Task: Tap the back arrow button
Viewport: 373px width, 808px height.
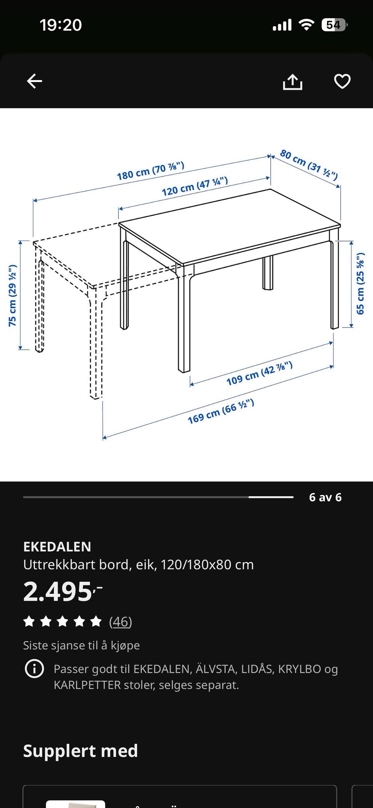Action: [x=34, y=81]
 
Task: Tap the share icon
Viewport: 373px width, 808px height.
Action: [x=292, y=82]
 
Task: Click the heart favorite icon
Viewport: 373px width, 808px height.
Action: [x=342, y=81]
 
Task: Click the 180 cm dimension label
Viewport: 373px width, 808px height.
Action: [x=150, y=171]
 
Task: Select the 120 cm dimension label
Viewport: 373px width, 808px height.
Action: [x=194, y=187]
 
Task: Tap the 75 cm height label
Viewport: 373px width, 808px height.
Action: [x=13, y=295]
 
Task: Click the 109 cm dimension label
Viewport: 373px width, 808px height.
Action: [x=260, y=373]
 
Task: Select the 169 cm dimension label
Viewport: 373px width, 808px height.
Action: [x=221, y=411]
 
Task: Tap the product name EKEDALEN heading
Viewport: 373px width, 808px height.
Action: [x=57, y=547]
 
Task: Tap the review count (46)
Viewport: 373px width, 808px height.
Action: [x=120, y=622]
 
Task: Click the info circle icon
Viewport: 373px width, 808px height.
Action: [x=34, y=669]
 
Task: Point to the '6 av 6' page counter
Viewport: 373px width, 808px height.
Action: [x=325, y=497]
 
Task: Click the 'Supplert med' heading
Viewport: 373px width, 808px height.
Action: [x=80, y=751]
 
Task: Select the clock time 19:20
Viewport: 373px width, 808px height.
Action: [x=61, y=25]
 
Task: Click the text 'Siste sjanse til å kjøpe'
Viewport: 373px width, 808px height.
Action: [x=81, y=645]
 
